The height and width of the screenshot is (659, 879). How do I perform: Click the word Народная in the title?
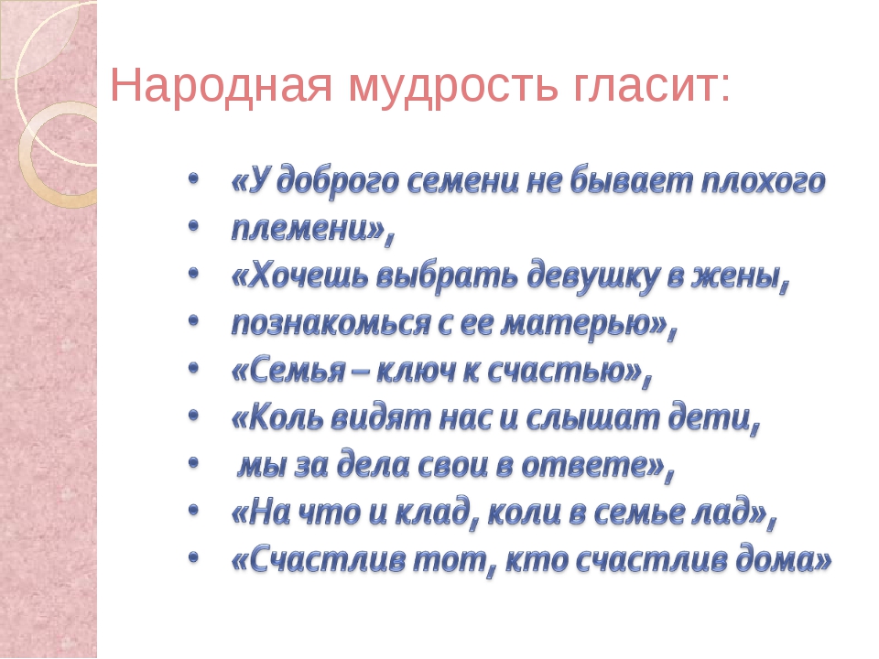[222, 84]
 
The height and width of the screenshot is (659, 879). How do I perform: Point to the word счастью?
[557, 371]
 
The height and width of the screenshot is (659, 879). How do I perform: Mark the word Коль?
[286, 418]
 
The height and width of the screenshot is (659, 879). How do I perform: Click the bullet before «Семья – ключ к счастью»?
[193, 368]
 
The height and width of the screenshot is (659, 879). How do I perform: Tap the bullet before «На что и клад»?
[193, 510]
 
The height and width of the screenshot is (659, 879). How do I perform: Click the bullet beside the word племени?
[193, 226]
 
